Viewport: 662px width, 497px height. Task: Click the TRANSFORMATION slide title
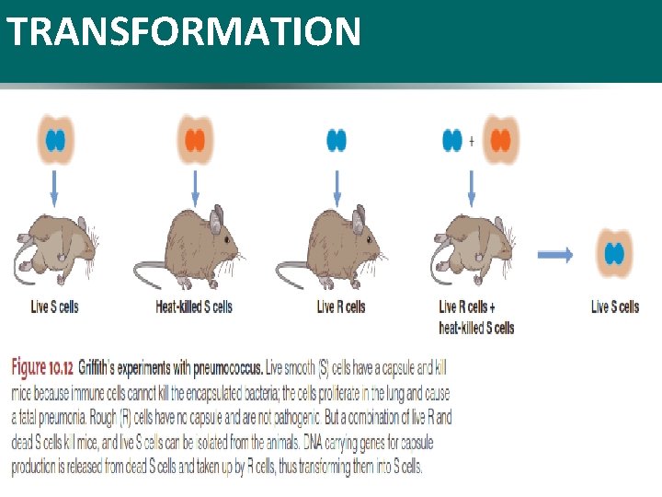[x=183, y=32]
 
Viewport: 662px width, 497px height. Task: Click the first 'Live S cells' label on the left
[x=54, y=306]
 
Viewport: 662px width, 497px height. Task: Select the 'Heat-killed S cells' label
[x=194, y=306]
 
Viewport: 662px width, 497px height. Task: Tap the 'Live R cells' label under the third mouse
[x=340, y=306]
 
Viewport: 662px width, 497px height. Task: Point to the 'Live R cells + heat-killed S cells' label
[x=476, y=317]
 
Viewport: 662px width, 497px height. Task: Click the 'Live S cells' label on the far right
[x=615, y=306]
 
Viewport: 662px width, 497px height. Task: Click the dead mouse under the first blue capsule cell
[x=55, y=248]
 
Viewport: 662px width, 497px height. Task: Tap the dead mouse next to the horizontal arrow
[x=475, y=248]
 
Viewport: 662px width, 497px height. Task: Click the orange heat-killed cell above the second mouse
[x=194, y=141]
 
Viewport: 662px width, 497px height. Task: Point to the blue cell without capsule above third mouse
[x=337, y=141]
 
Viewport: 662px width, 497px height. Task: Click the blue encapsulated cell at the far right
[x=614, y=254]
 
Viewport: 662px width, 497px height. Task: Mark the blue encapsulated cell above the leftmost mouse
[x=55, y=141]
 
